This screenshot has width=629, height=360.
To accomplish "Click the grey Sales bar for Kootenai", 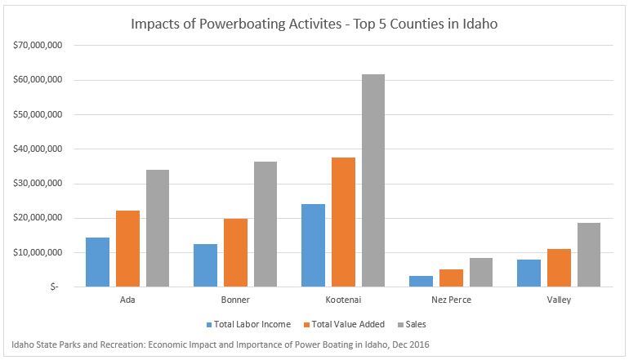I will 372,180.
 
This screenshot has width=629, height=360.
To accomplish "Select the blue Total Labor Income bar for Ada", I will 97,262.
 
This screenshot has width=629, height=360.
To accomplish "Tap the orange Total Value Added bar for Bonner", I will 235,252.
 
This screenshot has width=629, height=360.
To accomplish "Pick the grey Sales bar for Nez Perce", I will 481,273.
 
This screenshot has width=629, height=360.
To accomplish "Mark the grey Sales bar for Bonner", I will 265,224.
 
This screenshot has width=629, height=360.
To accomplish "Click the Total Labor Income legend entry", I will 252,324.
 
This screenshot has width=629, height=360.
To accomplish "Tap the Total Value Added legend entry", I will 346,324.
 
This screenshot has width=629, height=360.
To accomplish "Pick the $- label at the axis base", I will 52,287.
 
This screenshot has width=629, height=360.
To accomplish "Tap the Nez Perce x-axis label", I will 451,300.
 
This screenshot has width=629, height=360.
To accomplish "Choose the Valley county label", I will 559,300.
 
